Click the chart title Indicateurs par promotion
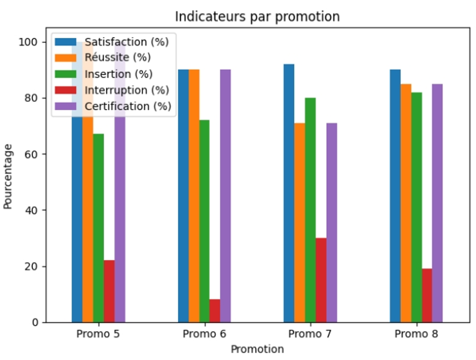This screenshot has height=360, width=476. pyautogui.click(x=257, y=17)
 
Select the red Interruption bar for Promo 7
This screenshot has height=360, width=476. pyautogui.click(x=321, y=280)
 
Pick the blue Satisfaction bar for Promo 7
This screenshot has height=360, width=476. pyautogui.click(x=289, y=193)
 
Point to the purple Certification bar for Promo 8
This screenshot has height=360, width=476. pyautogui.click(x=437, y=203)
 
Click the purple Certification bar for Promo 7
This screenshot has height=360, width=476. pyautogui.click(x=331, y=223)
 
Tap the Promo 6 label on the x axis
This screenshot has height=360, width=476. pyautogui.click(x=204, y=334)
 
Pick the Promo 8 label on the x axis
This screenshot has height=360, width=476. pyautogui.click(x=416, y=334)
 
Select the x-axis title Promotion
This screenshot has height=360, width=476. pyautogui.click(x=257, y=349)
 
